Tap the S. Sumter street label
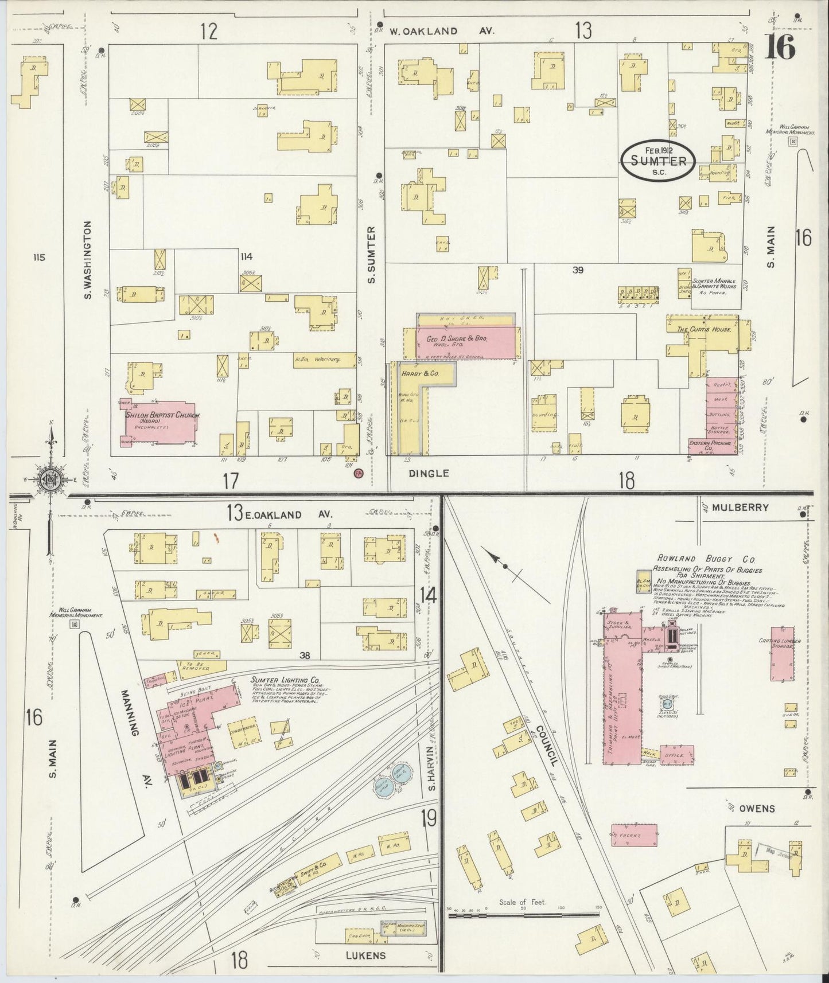371,254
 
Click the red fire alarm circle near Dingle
359,473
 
